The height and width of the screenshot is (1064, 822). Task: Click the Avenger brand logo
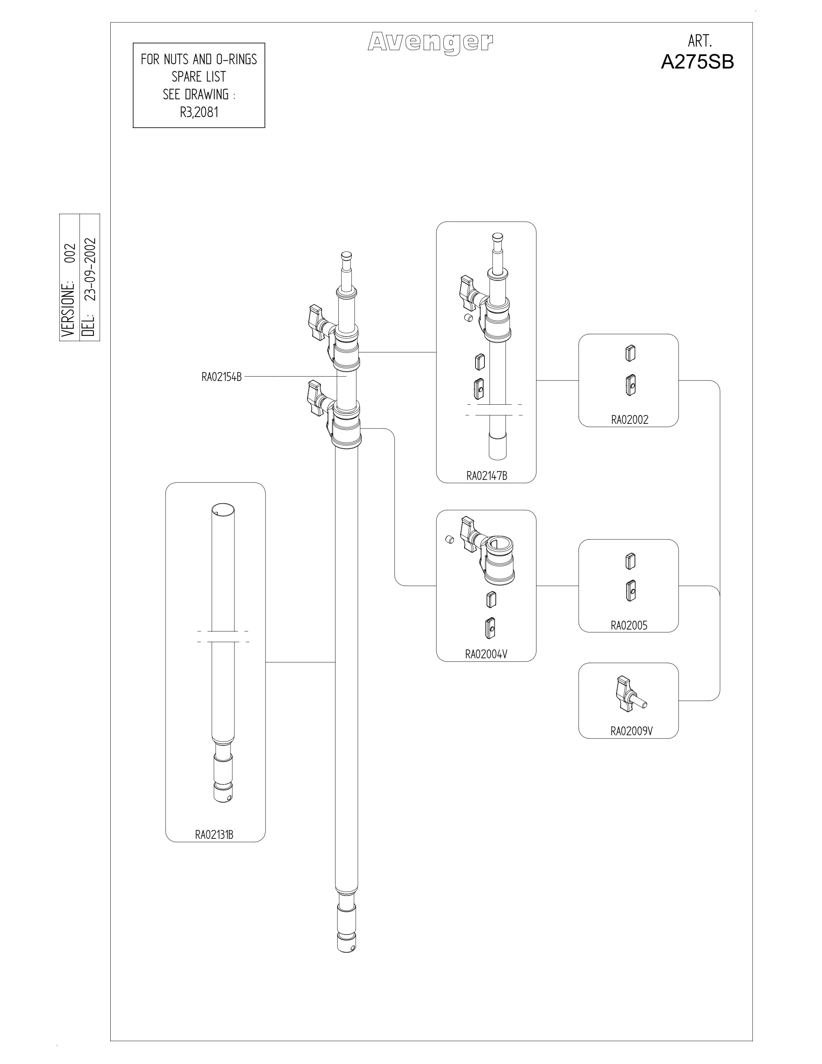(x=430, y=43)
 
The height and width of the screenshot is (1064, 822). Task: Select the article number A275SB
(x=697, y=62)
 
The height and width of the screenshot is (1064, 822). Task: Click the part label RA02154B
(x=222, y=377)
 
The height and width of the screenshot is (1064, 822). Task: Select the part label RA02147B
(x=487, y=476)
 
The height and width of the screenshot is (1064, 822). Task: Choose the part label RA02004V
(x=486, y=654)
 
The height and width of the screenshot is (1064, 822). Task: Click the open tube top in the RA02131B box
(x=223, y=511)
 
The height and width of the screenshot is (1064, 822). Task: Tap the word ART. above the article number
(x=700, y=40)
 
